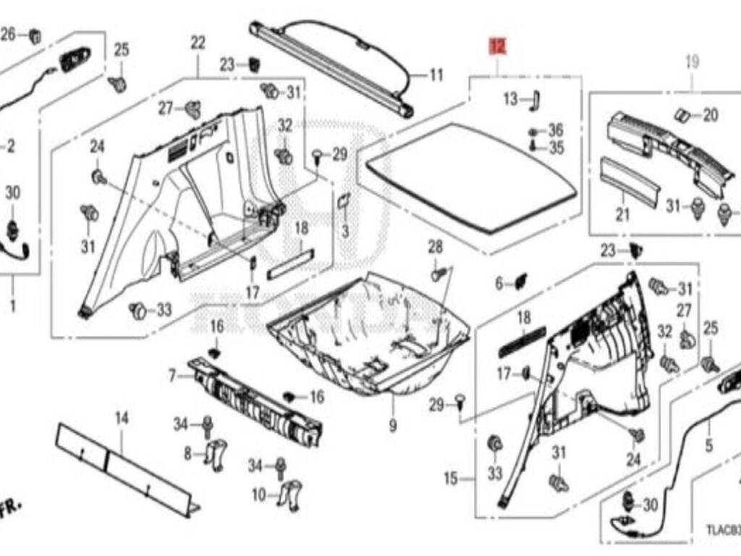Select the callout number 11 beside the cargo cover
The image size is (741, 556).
tap(436, 75)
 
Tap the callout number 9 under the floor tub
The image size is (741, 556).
tap(392, 426)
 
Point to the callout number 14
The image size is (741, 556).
tap(121, 418)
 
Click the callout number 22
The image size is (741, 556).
tap(198, 43)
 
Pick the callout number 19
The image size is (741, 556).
tap(692, 62)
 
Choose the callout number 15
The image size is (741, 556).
tap(451, 479)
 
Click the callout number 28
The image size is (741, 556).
tap(434, 248)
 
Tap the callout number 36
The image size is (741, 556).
tap(555, 130)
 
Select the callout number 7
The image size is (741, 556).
tap(172, 376)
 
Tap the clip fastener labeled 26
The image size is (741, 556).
tap(34, 34)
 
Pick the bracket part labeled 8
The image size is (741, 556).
tap(216, 451)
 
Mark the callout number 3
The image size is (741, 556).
tap(345, 232)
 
